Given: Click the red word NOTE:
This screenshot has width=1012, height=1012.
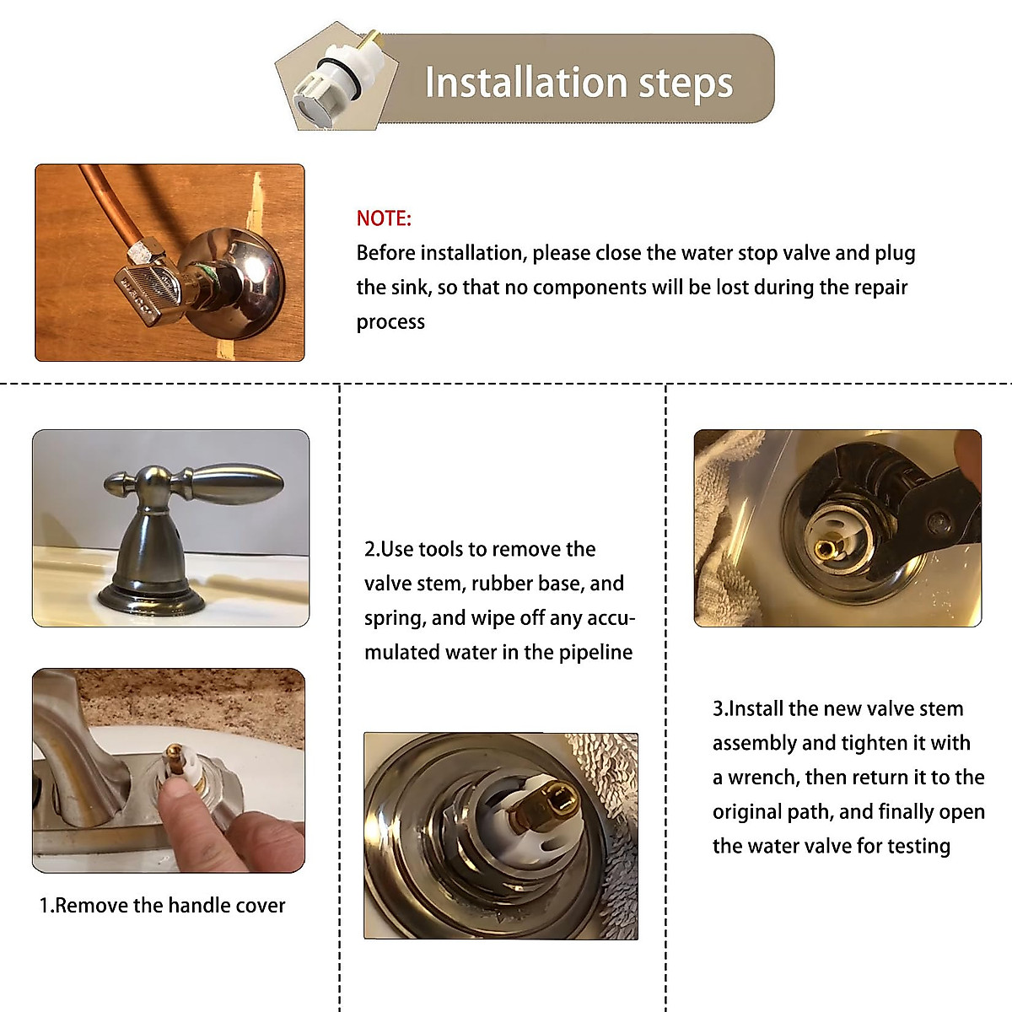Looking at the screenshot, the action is point(384,218).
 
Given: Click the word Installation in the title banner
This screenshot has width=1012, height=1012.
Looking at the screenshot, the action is point(525,83).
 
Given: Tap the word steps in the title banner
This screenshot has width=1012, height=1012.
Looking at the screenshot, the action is point(686,84).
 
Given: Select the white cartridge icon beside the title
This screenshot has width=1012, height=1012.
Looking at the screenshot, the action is point(336,78).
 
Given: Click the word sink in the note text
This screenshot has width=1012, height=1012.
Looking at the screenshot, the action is point(410,288).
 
